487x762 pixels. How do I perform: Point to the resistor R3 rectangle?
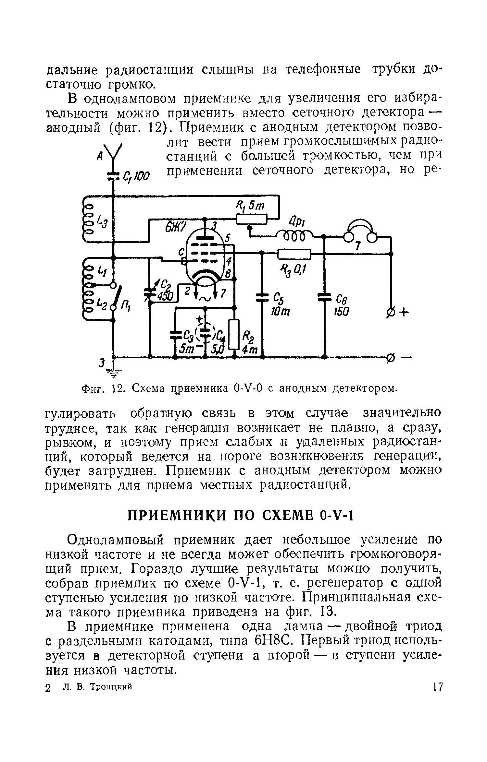pyautogui.click(x=294, y=254)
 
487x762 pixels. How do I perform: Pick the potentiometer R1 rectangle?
pyautogui.click(x=251, y=220)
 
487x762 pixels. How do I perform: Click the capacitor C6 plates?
pyautogui.click(x=324, y=297)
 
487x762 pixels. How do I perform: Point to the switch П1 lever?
pyautogui.click(x=118, y=297)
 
